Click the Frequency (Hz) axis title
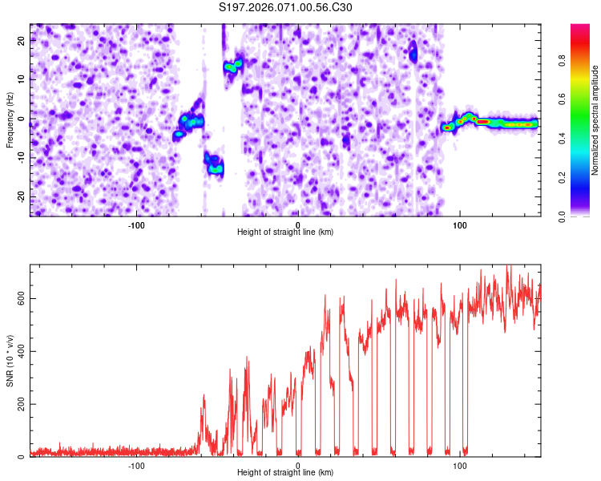coord(10,119)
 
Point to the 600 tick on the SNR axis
coord(18,299)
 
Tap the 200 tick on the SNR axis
coord(18,404)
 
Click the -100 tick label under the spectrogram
coord(136,224)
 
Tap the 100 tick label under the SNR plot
coord(460,465)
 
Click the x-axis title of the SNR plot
coord(285,473)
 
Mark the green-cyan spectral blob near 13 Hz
coord(232,66)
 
